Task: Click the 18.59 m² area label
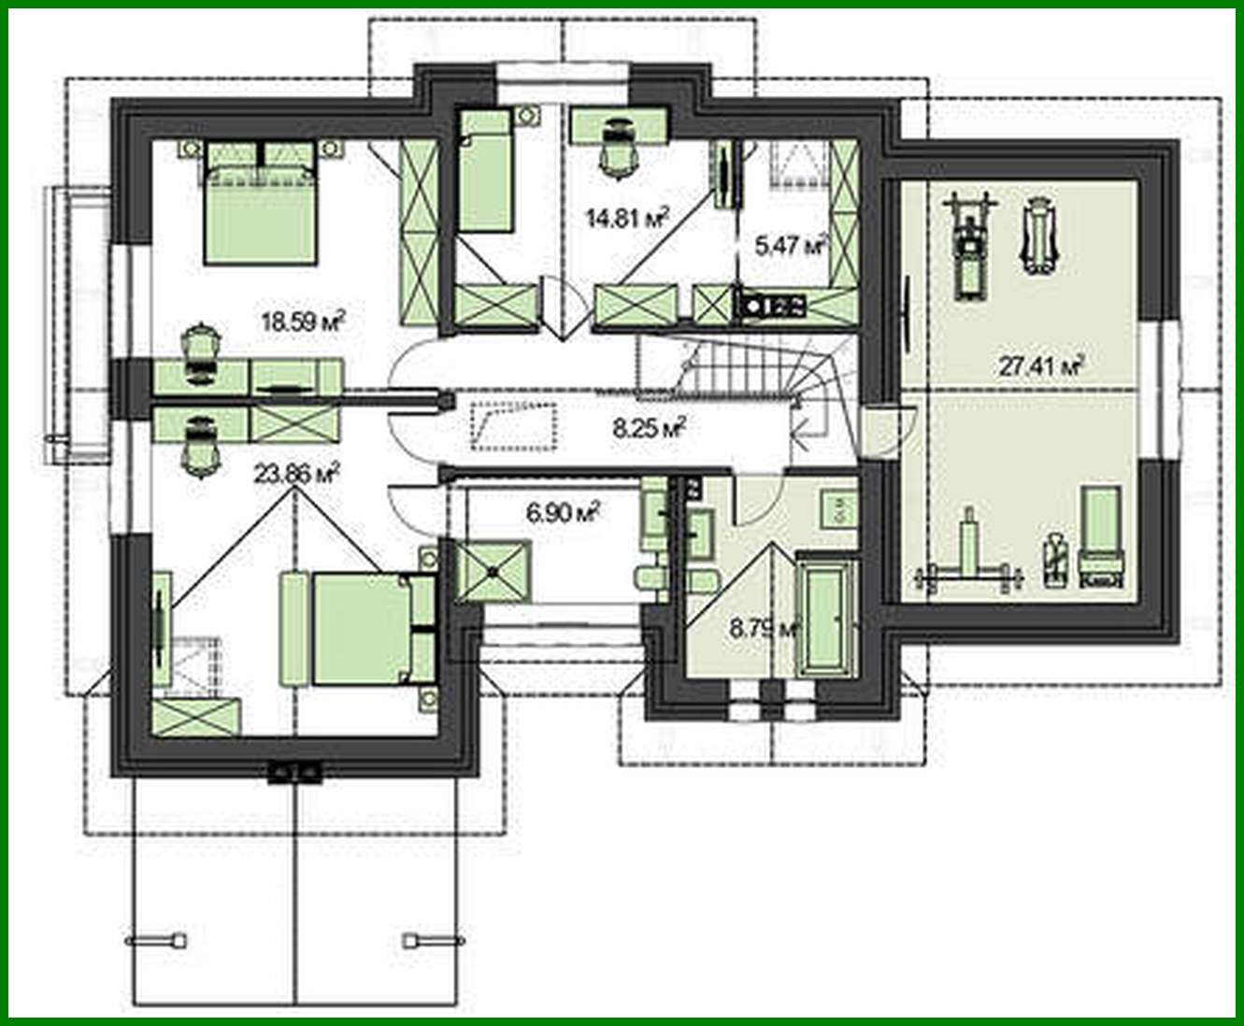tap(304, 322)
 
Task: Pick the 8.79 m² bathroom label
tap(765, 628)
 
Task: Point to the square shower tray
tap(493, 571)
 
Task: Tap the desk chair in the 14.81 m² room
tap(617, 148)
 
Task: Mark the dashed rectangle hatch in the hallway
tap(514, 427)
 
